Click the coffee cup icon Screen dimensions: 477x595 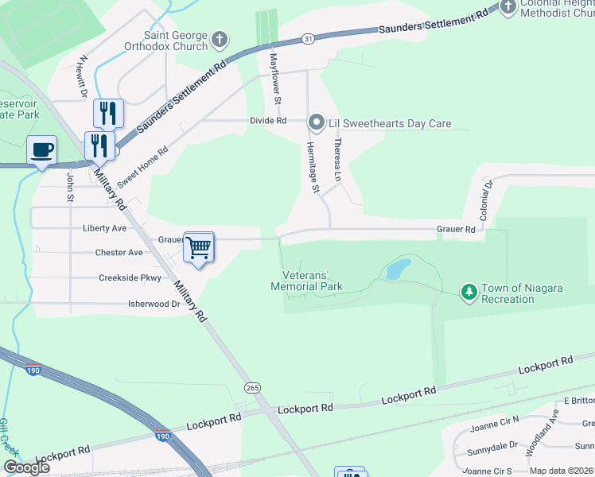tap(41, 149)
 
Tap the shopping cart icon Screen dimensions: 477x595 tap(199, 246)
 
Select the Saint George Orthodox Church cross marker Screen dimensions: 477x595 tap(220, 38)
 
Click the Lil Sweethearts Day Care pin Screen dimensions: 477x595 tap(316, 122)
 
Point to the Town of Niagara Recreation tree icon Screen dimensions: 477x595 tap(469, 293)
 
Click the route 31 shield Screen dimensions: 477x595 tap(307, 39)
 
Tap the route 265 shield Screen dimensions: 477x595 tap(252, 387)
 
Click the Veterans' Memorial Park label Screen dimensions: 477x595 tap(306, 281)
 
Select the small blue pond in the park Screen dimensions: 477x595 tap(396, 270)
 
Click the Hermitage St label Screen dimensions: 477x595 tap(313, 168)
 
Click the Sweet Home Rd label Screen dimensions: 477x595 tap(143, 167)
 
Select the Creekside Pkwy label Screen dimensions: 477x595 tap(130, 278)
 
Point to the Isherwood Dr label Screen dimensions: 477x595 tap(154, 304)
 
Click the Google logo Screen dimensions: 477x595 tap(26, 467)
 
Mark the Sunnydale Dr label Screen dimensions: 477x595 tap(491, 445)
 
